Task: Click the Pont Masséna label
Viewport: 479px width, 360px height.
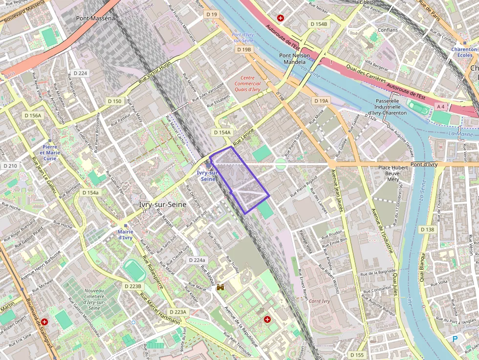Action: [95, 18]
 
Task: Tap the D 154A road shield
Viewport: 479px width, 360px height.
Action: [222, 132]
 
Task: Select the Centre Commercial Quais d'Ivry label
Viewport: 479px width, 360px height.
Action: [247, 84]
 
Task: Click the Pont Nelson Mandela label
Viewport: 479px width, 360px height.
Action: [294, 59]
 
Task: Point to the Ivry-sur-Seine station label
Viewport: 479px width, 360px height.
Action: [207, 176]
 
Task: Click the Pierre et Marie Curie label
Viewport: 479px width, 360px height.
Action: [49, 152]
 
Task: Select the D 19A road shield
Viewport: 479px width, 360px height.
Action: [321, 101]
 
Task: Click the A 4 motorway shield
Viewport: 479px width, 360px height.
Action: [441, 106]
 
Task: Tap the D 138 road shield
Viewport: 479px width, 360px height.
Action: [427, 230]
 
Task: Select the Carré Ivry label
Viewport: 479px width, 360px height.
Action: [320, 301]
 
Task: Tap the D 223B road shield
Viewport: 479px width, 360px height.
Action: [132, 286]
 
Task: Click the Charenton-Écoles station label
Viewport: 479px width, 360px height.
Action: [464, 52]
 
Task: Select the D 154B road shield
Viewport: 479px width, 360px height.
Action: [319, 24]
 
